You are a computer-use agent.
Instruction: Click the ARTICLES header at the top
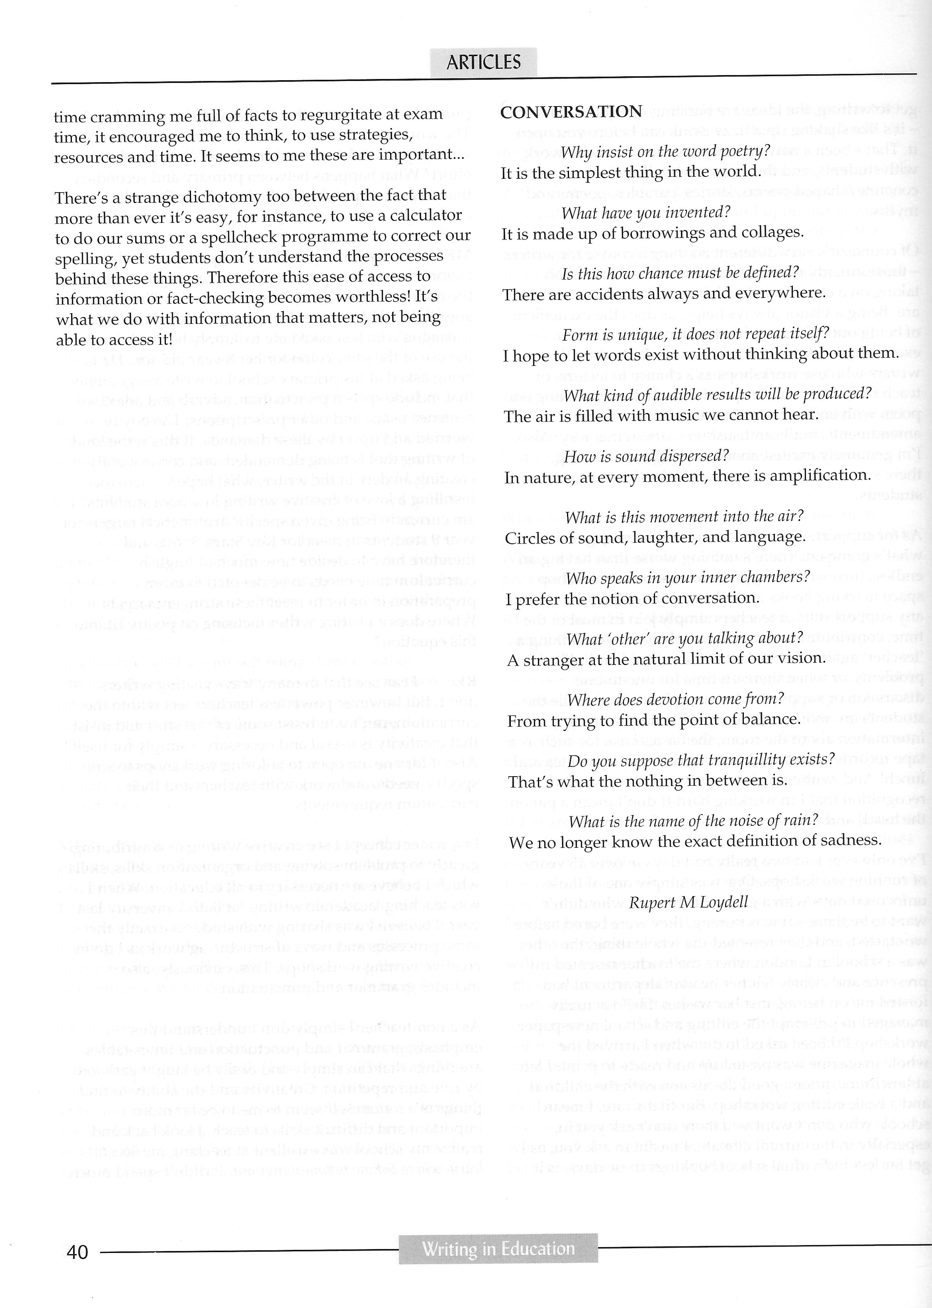click(483, 62)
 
